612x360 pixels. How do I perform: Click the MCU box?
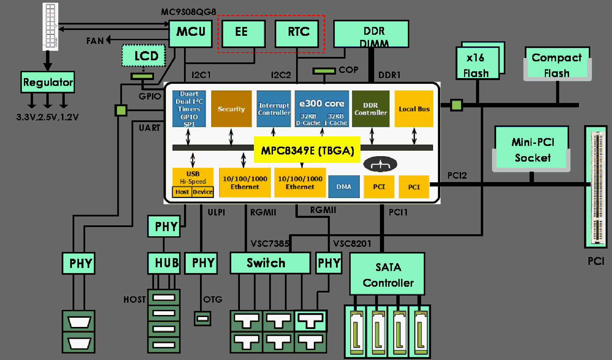pyautogui.click(x=191, y=33)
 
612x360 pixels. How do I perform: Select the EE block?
pyautogui.click(x=243, y=33)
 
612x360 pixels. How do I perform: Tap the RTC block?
pyautogui.click(x=297, y=33)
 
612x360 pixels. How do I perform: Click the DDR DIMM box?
pyautogui.click(x=371, y=33)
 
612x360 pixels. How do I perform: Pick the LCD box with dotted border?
pyautogui.click(x=144, y=56)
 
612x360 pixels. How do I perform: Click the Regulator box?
pyautogui.click(x=48, y=82)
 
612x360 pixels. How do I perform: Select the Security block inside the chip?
pyautogui.click(x=231, y=109)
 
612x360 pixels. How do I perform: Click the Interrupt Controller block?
pyautogui.click(x=274, y=109)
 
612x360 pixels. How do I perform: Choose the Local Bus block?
pyautogui.click(x=414, y=109)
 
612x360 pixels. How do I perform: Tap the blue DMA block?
pyautogui.click(x=344, y=186)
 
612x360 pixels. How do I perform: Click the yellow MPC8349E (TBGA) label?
pyautogui.click(x=307, y=150)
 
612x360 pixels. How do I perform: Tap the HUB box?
pyautogui.click(x=164, y=263)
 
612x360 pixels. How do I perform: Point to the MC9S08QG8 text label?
pyautogui.click(x=188, y=12)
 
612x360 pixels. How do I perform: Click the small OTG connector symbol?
pyautogui.click(x=202, y=318)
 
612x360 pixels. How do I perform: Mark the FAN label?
pyautogui.click(x=95, y=41)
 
